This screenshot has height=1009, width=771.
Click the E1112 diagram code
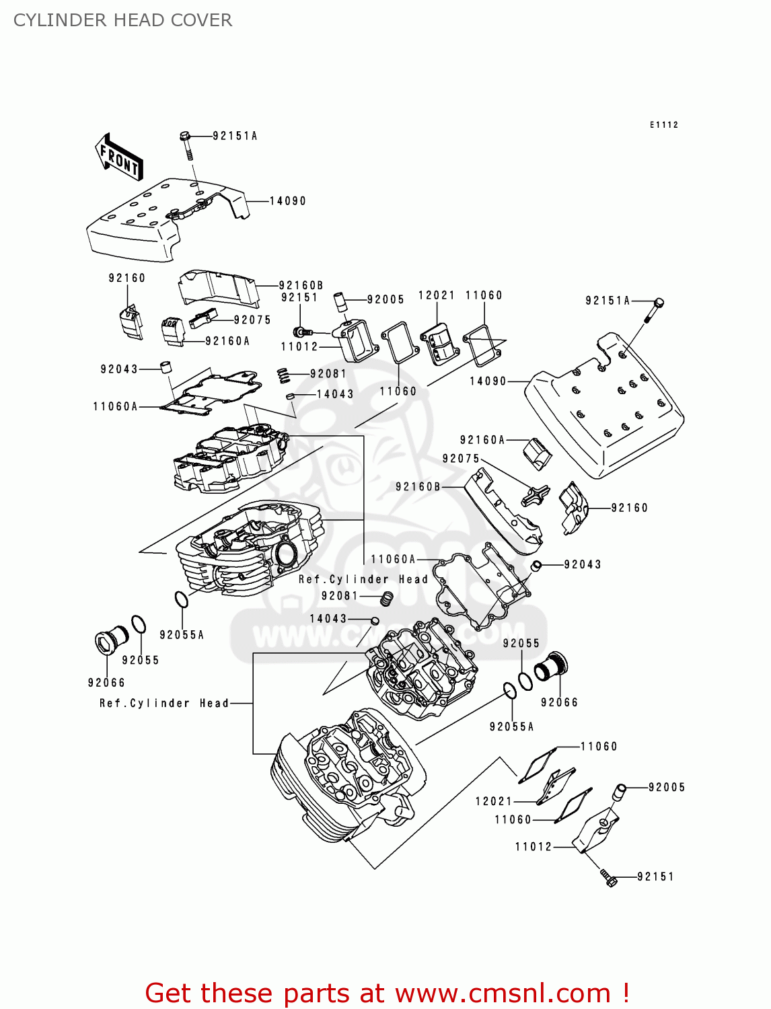tap(663, 125)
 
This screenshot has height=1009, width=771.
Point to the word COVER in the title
tap(201, 20)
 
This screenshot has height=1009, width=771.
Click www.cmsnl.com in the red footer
tap(503, 994)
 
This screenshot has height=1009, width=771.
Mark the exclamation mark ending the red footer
tap(625, 993)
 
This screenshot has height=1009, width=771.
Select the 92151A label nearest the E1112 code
tap(608, 301)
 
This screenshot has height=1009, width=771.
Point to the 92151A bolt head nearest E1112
tap(659, 302)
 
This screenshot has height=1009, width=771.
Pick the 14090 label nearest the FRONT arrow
tap(287, 201)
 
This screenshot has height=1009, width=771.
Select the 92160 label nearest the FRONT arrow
tap(126, 278)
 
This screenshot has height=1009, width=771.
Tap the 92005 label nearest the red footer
tap(666, 787)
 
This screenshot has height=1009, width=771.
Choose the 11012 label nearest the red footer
tap(534, 847)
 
